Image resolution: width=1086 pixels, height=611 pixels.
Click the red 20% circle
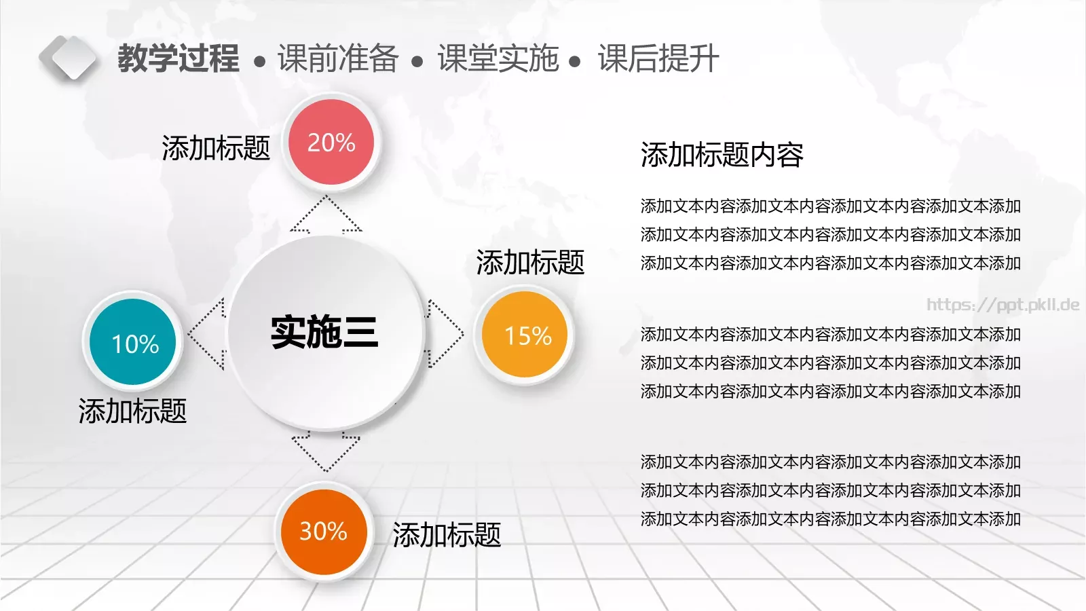click(x=331, y=143)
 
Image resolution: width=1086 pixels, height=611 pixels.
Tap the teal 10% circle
click(x=134, y=343)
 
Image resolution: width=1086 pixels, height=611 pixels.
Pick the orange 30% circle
click(x=324, y=532)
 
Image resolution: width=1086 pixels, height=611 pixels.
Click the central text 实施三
click(x=324, y=333)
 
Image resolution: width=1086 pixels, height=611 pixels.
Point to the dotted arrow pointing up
click(x=326, y=214)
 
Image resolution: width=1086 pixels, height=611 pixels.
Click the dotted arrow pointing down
click(x=326, y=451)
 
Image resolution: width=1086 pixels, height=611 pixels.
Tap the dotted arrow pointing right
click(x=445, y=333)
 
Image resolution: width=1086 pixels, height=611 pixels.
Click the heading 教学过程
click(x=179, y=58)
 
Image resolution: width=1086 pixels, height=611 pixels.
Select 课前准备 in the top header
click(x=337, y=58)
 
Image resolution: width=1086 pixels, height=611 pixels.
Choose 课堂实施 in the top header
click(x=498, y=58)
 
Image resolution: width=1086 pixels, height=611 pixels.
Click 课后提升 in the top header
click(x=658, y=58)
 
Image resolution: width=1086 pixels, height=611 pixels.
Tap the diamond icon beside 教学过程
click(x=68, y=58)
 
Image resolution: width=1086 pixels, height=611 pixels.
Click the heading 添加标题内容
click(x=722, y=155)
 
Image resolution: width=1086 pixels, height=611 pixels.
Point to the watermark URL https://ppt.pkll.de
click(x=1003, y=305)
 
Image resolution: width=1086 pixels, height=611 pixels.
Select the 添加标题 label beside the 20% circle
click(x=216, y=148)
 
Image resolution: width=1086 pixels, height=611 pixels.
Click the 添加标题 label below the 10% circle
click(x=132, y=411)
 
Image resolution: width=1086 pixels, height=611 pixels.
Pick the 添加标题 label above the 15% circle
click(x=530, y=263)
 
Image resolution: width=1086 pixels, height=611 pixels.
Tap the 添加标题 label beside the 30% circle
click(x=447, y=535)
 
